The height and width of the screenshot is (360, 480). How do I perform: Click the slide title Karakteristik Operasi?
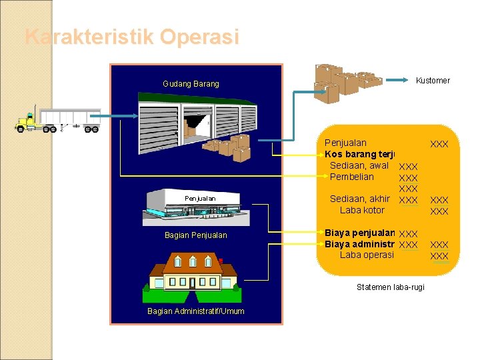tap(131, 37)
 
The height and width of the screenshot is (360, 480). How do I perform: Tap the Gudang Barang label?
tap(191, 84)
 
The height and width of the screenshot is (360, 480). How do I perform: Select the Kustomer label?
tap(433, 81)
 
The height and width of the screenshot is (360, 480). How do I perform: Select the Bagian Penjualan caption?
tap(195, 235)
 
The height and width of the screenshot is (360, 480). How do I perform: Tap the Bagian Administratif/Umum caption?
tap(196, 311)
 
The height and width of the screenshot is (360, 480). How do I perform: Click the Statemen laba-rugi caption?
tap(390, 287)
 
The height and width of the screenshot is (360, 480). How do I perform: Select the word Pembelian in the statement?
tap(352, 177)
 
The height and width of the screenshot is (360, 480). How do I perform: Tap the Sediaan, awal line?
tap(359, 165)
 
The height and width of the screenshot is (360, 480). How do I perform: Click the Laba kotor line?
tap(362, 210)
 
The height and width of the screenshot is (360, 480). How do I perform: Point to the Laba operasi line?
tap(367, 255)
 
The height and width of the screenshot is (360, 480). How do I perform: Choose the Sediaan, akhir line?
tap(359, 199)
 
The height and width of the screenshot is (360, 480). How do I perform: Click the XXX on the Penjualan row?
tap(439, 144)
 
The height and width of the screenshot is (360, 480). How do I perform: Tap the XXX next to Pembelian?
tap(407, 178)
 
